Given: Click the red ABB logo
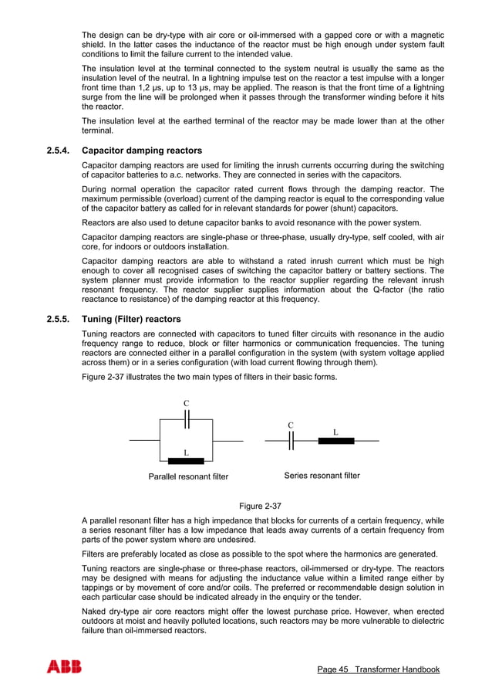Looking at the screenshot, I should click(x=64, y=667).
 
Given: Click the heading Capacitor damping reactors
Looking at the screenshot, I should click(x=142, y=151).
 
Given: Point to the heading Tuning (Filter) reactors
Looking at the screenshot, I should click(x=131, y=320).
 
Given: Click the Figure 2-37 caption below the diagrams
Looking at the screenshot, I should click(x=260, y=506).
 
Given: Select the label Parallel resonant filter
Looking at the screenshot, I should click(x=188, y=476).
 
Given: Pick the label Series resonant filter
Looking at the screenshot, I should click(x=322, y=476).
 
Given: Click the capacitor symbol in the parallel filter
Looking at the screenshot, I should click(x=186, y=419).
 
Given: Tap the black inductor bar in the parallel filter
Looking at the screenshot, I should click(x=186, y=461).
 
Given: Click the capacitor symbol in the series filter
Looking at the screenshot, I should click(x=291, y=441).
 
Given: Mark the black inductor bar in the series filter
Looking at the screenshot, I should click(x=335, y=441).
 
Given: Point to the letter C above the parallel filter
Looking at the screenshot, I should click(x=186, y=404).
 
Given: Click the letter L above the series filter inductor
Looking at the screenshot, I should click(x=335, y=432).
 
